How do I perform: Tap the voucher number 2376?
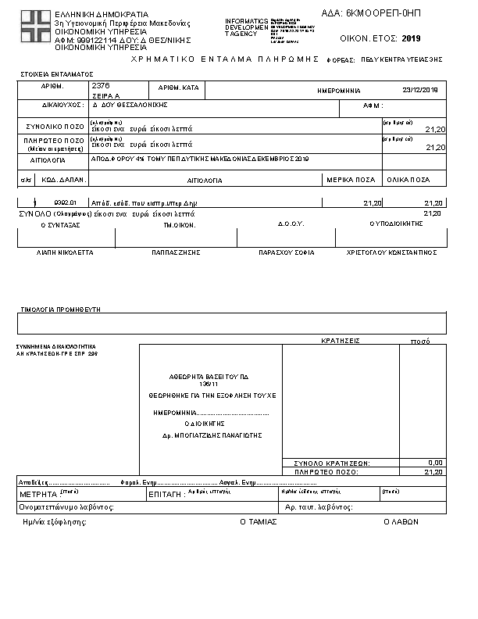[101, 84]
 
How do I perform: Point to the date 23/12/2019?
[420, 91]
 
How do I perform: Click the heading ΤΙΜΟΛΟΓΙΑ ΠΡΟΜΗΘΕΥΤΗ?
[61, 309]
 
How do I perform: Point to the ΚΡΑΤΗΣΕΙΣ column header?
[340, 341]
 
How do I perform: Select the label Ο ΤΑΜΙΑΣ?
[258, 521]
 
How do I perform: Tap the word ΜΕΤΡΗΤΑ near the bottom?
[38, 495]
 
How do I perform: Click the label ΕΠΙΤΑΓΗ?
[165, 495]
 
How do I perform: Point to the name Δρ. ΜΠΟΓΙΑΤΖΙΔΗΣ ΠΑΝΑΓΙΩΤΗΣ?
[211, 435]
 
